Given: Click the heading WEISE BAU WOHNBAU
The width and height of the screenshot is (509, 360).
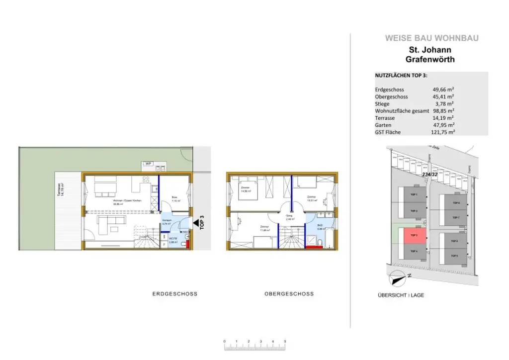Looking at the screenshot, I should tap(431, 38).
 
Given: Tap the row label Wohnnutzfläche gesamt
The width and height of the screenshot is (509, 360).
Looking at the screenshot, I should tap(402, 111).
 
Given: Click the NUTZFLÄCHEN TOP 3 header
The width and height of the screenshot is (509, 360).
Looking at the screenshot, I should tap(401, 76).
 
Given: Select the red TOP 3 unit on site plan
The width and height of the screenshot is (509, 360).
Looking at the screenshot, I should tap(414, 236).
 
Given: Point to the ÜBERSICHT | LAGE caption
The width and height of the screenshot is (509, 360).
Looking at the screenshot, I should tap(401, 295).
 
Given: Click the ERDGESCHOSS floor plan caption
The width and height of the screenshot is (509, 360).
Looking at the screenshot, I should tap(174, 294).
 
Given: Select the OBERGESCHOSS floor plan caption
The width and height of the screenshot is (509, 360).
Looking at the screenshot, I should tap(289, 294).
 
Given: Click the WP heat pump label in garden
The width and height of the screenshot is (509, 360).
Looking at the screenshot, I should tap(148, 164).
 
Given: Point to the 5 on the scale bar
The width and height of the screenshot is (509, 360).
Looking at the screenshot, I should tap(285, 341).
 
